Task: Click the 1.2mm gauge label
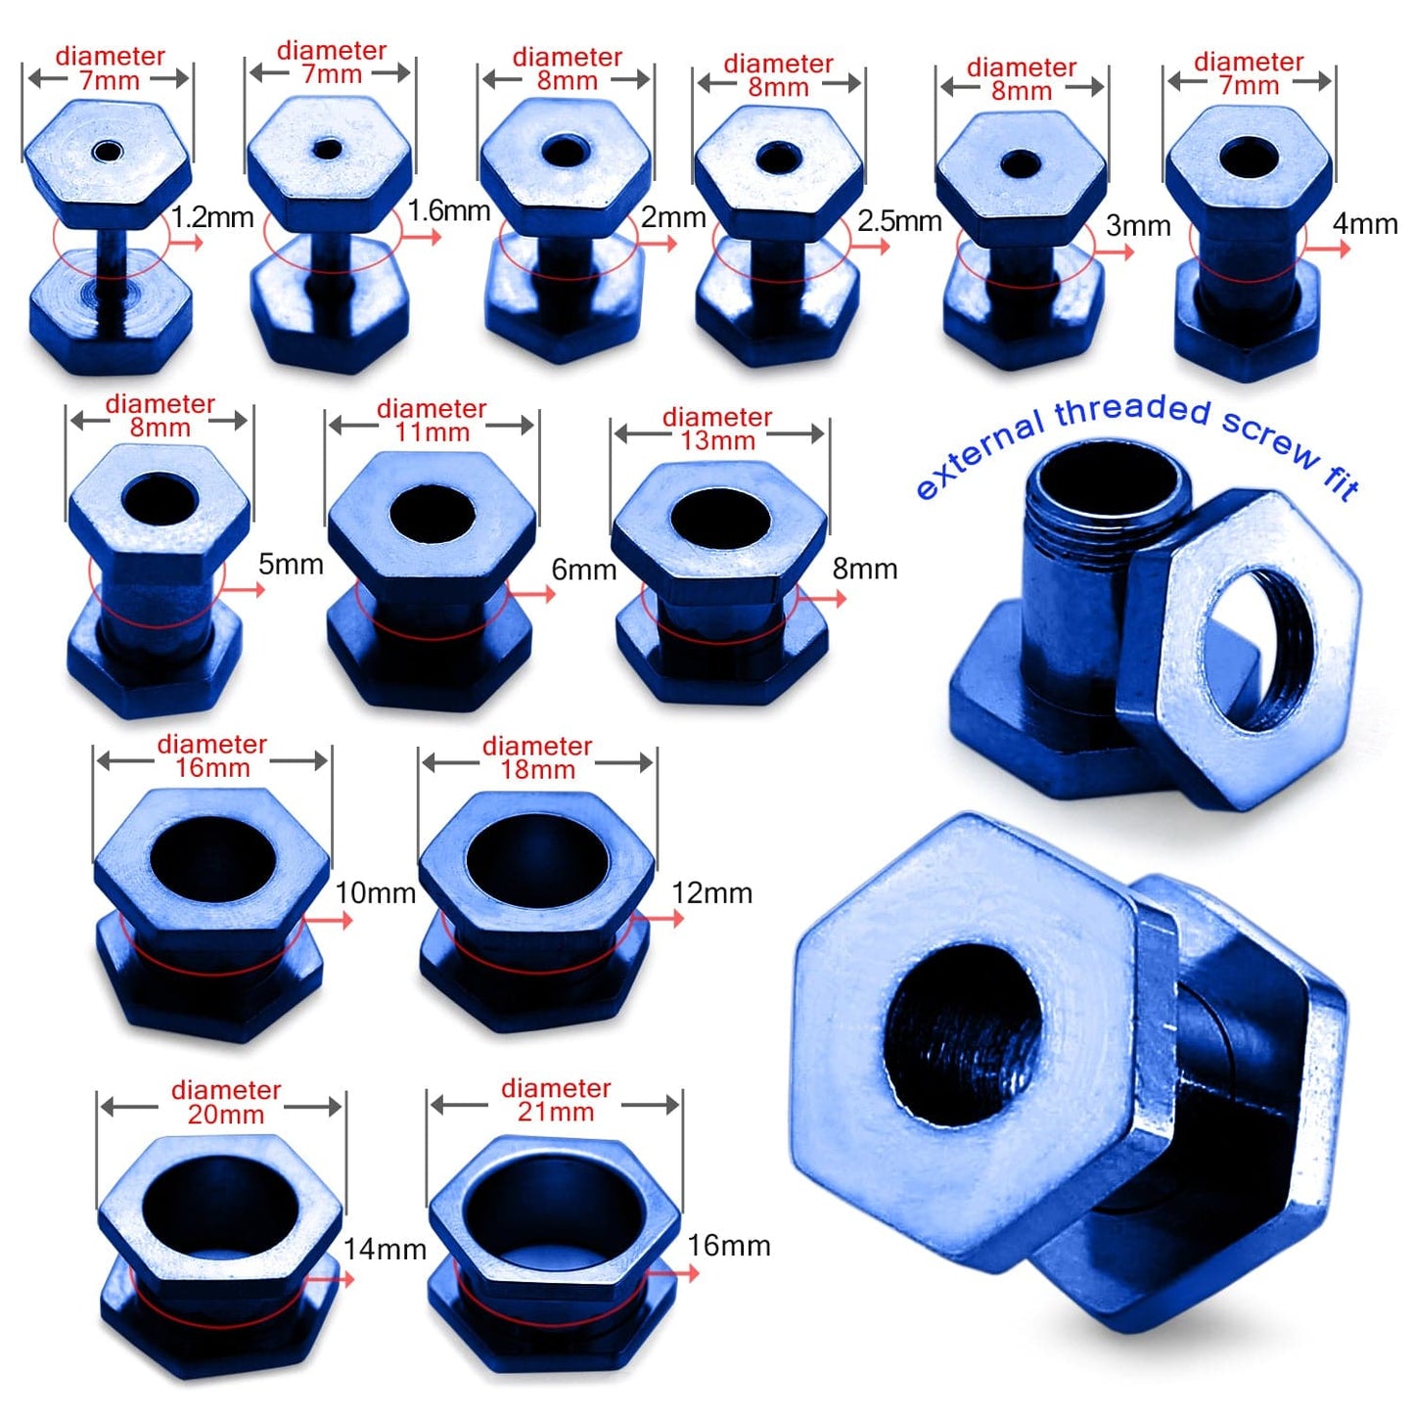pyautogui.click(x=212, y=217)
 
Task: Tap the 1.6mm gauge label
pyautogui.click(x=448, y=210)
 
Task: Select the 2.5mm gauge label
pyautogui.click(x=898, y=221)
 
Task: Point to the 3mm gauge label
pyautogui.click(x=1137, y=226)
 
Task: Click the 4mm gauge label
pyautogui.click(x=1364, y=224)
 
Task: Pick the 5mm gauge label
pyautogui.click(x=291, y=565)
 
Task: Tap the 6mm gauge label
pyautogui.click(x=583, y=570)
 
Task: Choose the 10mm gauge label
pyautogui.click(x=375, y=893)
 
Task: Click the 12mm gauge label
pyautogui.click(x=711, y=893)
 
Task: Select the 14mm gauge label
pyautogui.click(x=384, y=1250)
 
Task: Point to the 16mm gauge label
pyautogui.click(x=728, y=1246)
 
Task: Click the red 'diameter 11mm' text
pyautogui.click(x=432, y=421)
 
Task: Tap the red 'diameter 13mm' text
pyautogui.click(x=717, y=429)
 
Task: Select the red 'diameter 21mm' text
pyautogui.click(x=555, y=1100)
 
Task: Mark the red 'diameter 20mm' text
pyautogui.click(x=226, y=1102)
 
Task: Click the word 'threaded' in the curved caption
pyautogui.click(x=1132, y=412)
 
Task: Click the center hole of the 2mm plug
pyautogui.click(x=565, y=152)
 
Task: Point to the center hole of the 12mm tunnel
pyautogui.click(x=536, y=861)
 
